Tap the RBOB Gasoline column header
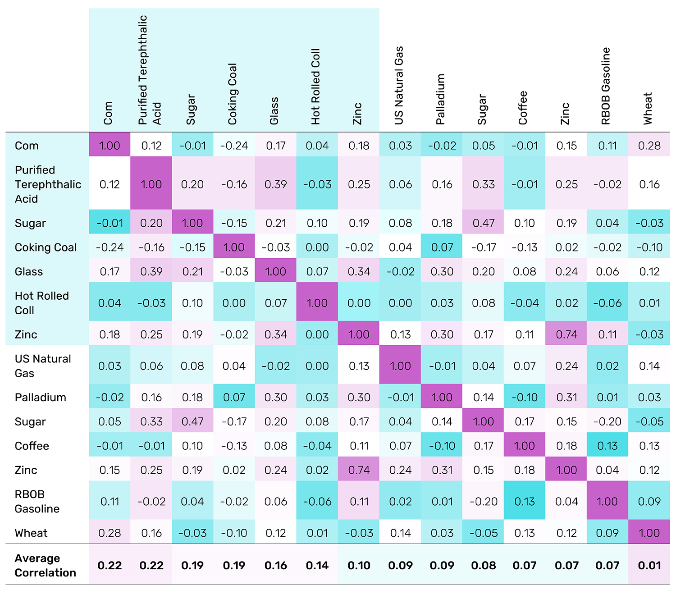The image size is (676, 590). [x=607, y=86]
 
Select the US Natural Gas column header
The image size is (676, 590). [x=399, y=85]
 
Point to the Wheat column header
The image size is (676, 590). [x=648, y=108]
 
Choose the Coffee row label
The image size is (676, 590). [x=32, y=446]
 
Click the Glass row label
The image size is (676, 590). [x=29, y=272]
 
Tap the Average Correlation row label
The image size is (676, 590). [x=45, y=565]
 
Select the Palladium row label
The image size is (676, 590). [x=41, y=397]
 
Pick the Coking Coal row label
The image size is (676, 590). [x=46, y=247]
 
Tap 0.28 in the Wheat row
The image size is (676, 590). [x=110, y=533]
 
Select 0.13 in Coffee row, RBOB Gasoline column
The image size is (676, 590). [x=607, y=446]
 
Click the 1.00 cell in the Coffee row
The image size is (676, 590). [x=525, y=446]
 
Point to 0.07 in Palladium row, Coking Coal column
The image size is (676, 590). [x=234, y=397]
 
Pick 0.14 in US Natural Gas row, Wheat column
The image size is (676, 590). [x=649, y=366]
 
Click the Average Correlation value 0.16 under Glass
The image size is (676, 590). [x=276, y=565]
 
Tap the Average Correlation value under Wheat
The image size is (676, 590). [x=649, y=565]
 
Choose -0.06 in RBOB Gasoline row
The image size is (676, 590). [x=317, y=501]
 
